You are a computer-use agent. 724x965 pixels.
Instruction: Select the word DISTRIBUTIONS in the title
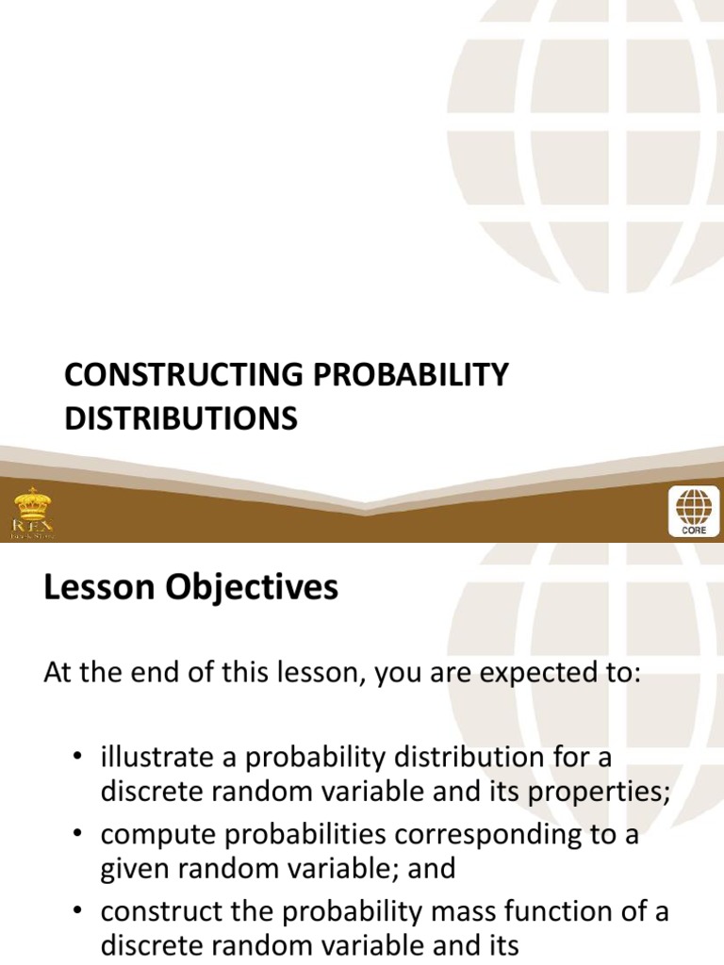(181, 417)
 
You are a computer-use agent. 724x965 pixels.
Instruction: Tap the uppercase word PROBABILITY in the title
(406, 375)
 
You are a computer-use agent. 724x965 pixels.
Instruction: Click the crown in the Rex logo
(32, 500)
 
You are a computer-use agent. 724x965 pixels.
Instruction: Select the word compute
(157, 835)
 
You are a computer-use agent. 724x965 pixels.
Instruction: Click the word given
(131, 868)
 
